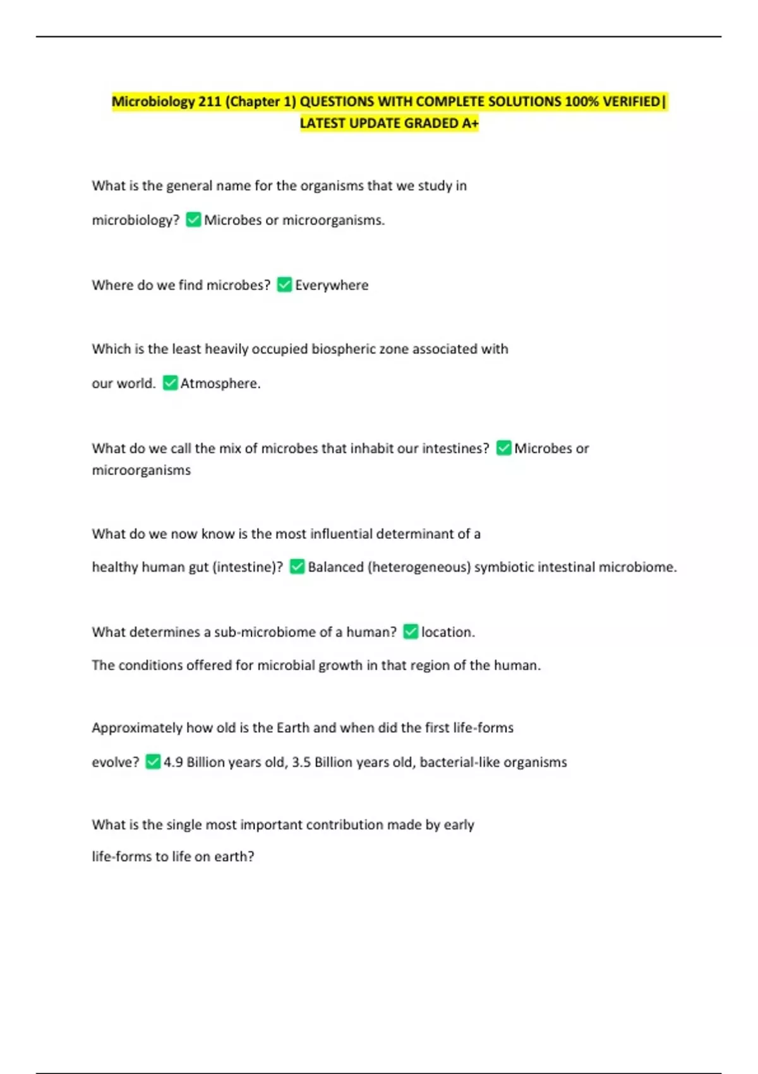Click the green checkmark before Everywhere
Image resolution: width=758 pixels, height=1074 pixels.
click(x=284, y=285)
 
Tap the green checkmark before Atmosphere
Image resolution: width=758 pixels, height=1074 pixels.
click(x=170, y=383)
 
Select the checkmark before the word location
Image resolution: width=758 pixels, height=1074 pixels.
click(x=411, y=632)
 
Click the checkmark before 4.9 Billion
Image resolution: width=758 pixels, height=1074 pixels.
click(x=153, y=762)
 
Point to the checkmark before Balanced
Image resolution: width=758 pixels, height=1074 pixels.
click(x=297, y=567)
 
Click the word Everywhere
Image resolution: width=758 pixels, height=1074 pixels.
click(x=332, y=285)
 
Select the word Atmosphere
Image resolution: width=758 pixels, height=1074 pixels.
click(x=220, y=383)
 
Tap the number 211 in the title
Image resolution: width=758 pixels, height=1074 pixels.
click(x=209, y=102)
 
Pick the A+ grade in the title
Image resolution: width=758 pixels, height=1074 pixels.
click(x=470, y=123)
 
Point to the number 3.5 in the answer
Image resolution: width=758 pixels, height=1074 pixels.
click(x=301, y=762)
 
